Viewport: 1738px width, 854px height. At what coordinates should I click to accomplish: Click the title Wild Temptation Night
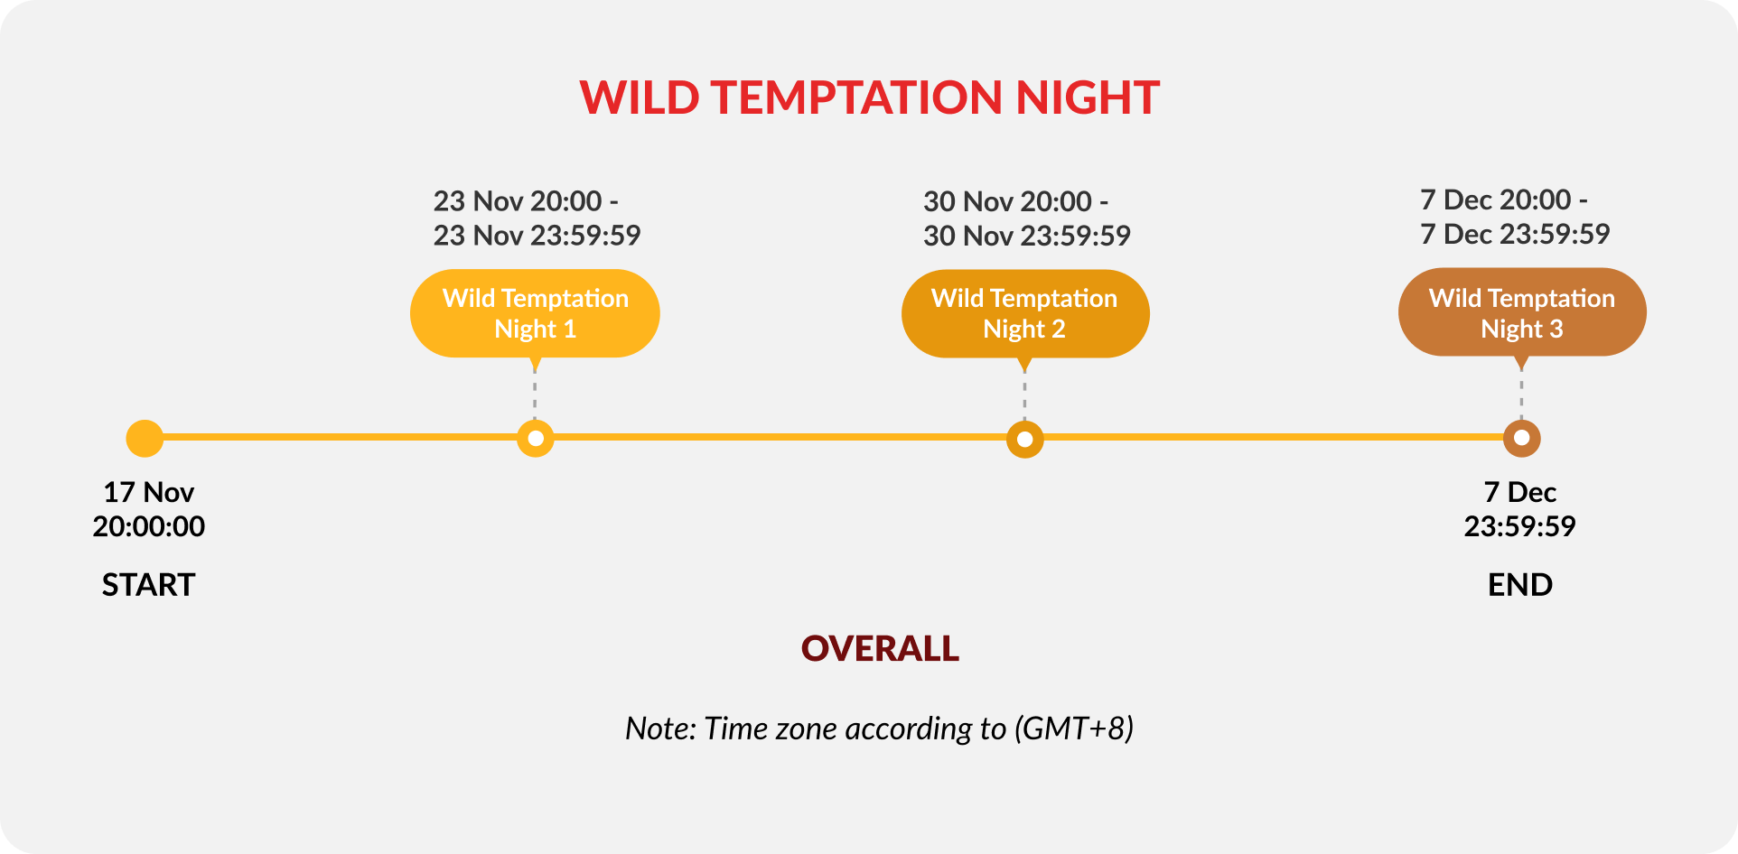[x=869, y=97]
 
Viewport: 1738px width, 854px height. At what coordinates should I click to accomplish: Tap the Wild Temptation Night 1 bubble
[x=535, y=313]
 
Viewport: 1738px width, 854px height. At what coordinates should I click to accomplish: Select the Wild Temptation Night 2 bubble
[x=1025, y=313]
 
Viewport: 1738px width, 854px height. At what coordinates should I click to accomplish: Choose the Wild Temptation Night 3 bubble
[x=1522, y=312]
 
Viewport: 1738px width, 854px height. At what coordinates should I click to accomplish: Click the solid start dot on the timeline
[x=145, y=439]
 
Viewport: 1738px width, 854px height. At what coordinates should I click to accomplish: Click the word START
[x=148, y=585]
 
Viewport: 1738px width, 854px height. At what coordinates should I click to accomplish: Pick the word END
[x=1520, y=585]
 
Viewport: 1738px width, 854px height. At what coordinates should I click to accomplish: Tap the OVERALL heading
[x=880, y=648]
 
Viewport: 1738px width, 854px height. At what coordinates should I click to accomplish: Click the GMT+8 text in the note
[x=1074, y=729]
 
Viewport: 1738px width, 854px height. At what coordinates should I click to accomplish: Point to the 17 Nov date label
[x=148, y=492]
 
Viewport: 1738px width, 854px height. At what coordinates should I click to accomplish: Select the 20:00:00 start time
[x=148, y=526]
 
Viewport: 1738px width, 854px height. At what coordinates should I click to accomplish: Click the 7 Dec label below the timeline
[x=1520, y=492]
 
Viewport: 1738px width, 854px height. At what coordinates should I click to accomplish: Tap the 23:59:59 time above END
[x=1520, y=526]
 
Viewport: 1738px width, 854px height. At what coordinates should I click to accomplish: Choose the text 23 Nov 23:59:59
[x=537, y=236]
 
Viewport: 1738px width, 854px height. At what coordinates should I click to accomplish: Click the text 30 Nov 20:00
[x=1007, y=201]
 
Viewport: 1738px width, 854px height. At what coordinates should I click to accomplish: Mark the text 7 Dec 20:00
[x=1496, y=200]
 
